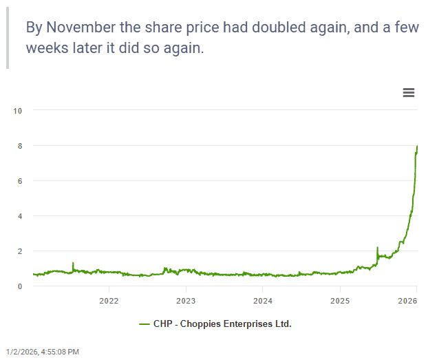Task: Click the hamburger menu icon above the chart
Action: (409, 93)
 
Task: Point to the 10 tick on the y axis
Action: (18, 110)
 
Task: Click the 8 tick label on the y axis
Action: (20, 146)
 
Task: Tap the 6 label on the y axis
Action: (20, 181)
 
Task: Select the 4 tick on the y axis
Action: (20, 216)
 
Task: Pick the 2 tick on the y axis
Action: (20, 251)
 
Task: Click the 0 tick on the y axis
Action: (20, 286)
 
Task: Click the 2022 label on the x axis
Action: (109, 301)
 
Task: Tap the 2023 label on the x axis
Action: (186, 301)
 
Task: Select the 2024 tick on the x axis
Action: (263, 301)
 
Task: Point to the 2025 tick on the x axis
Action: (340, 301)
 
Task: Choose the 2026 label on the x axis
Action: (408, 301)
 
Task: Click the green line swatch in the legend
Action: (145, 324)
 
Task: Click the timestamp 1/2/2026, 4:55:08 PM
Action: (43, 352)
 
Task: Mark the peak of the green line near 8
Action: (417, 147)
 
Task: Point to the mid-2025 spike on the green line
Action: (377, 247)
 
